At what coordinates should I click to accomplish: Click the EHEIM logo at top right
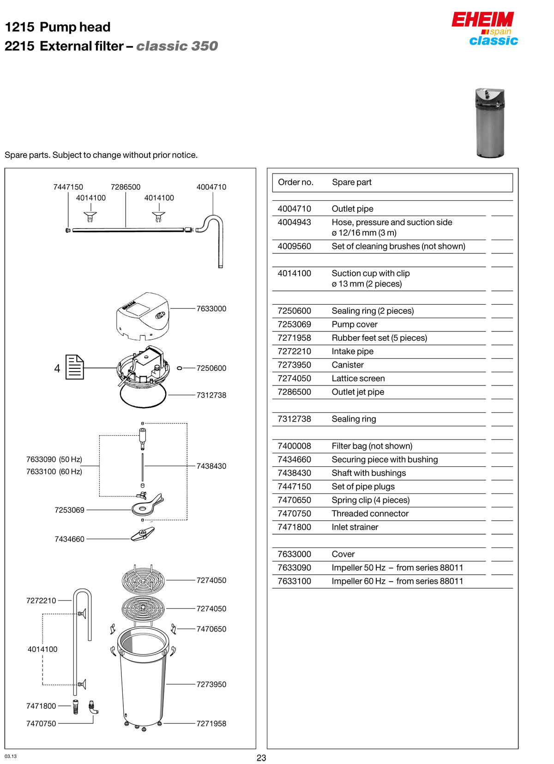[482, 20]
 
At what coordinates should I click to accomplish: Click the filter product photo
[490, 123]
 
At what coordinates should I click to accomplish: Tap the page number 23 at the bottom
[261, 758]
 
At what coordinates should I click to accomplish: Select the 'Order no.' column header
[295, 182]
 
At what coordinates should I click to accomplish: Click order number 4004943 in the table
[295, 223]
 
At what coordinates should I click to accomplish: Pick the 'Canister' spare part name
[348, 365]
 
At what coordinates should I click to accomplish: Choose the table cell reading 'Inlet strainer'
[355, 527]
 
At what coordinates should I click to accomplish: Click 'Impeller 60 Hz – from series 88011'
[397, 581]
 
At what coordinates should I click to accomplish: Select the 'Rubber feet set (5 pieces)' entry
[379, 338]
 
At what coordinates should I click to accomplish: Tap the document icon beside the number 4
[74, 367]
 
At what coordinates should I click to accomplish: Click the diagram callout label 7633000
[211, 309]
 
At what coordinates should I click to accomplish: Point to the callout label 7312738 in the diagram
[211, 395]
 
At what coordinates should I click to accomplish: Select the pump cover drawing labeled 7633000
[142, 316]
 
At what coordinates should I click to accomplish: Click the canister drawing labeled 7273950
[143, 679]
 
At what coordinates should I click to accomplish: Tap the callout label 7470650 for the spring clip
[211, 629]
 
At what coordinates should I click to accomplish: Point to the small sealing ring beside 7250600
[180, 368]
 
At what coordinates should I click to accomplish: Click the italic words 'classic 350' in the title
[177, 46]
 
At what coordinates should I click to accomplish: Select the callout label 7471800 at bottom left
[41, 706]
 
